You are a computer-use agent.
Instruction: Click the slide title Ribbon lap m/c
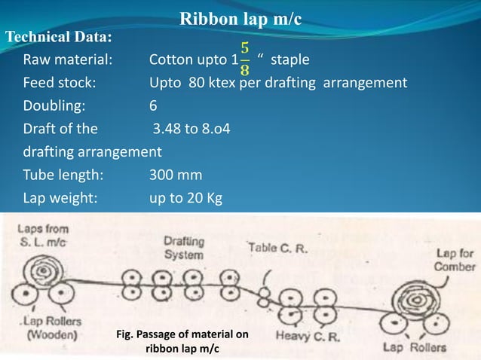click(x=241, y=18)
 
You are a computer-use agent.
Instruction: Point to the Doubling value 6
click(x=154, y=105)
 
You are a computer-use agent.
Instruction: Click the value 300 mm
click(x=175, y=175)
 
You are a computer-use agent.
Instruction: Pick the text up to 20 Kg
click(x=185, y=199)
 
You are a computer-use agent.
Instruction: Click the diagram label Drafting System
click(x=183, y=248)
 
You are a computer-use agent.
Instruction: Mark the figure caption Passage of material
click(x=182, y=340)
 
